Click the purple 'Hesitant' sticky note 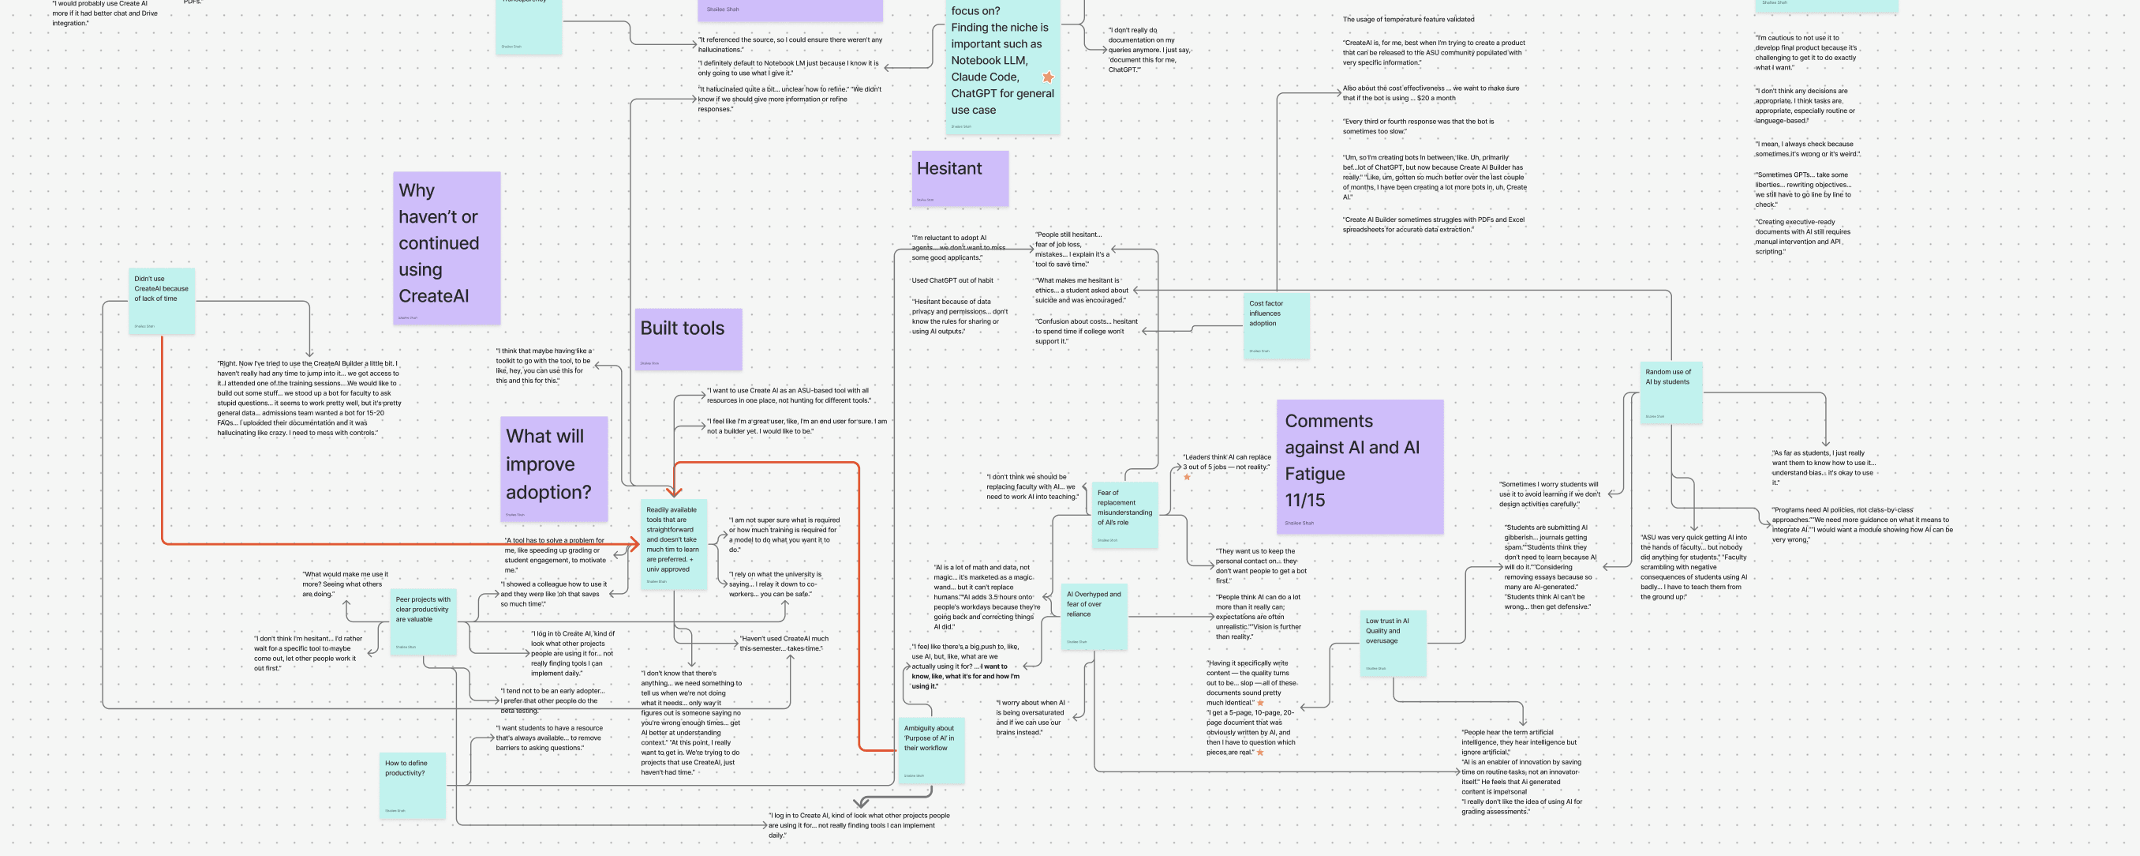[960, 178]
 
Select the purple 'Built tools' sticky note [688, 339]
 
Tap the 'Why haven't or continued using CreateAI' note [446, 247]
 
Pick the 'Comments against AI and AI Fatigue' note [1359, 465]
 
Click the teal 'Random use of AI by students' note [1670, 392]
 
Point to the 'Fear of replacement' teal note [1124, 514]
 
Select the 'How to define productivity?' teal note [413, 784]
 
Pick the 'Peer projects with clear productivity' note [424, 621]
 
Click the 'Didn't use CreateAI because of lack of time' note [162, 300]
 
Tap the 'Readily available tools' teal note [674, 544]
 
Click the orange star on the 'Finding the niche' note [1049, 77]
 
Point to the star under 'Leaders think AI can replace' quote [1187, 477]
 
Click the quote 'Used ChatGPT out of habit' [952, 281]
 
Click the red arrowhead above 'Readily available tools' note [674, 491]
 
